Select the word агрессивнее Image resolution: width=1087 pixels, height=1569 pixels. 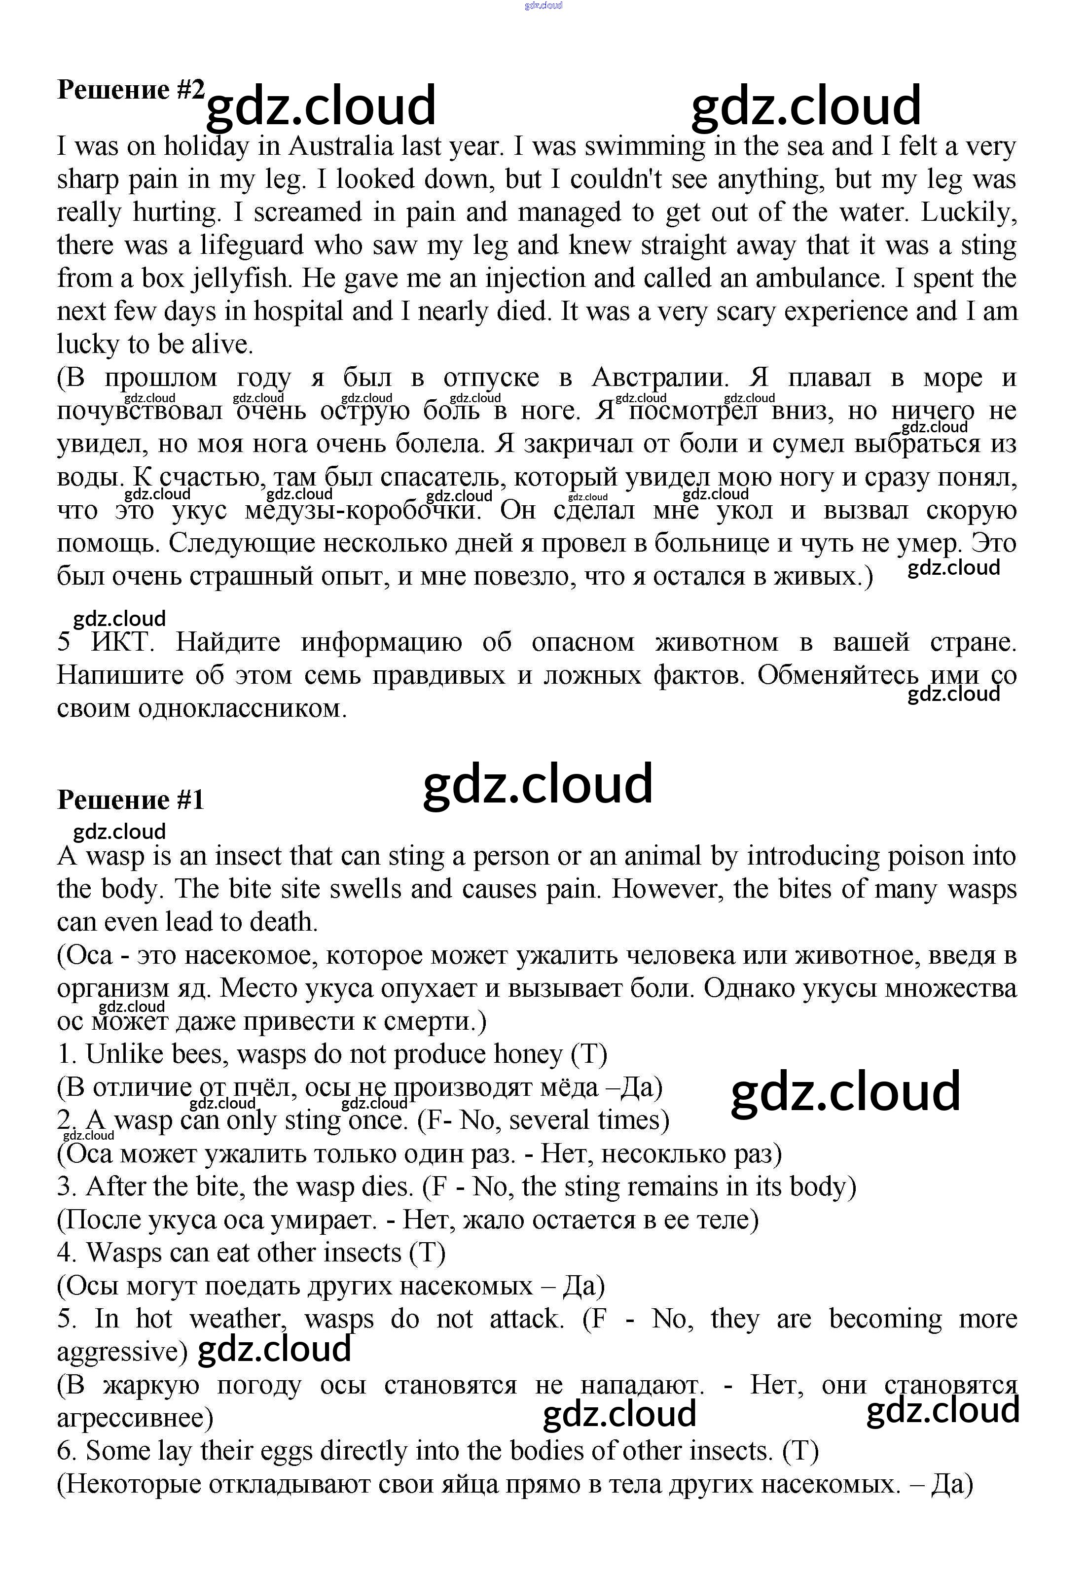coord(134,1418)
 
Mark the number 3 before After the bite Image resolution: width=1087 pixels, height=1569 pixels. coord(64,1186)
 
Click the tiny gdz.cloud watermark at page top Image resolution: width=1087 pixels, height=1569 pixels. coord(543,6)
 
